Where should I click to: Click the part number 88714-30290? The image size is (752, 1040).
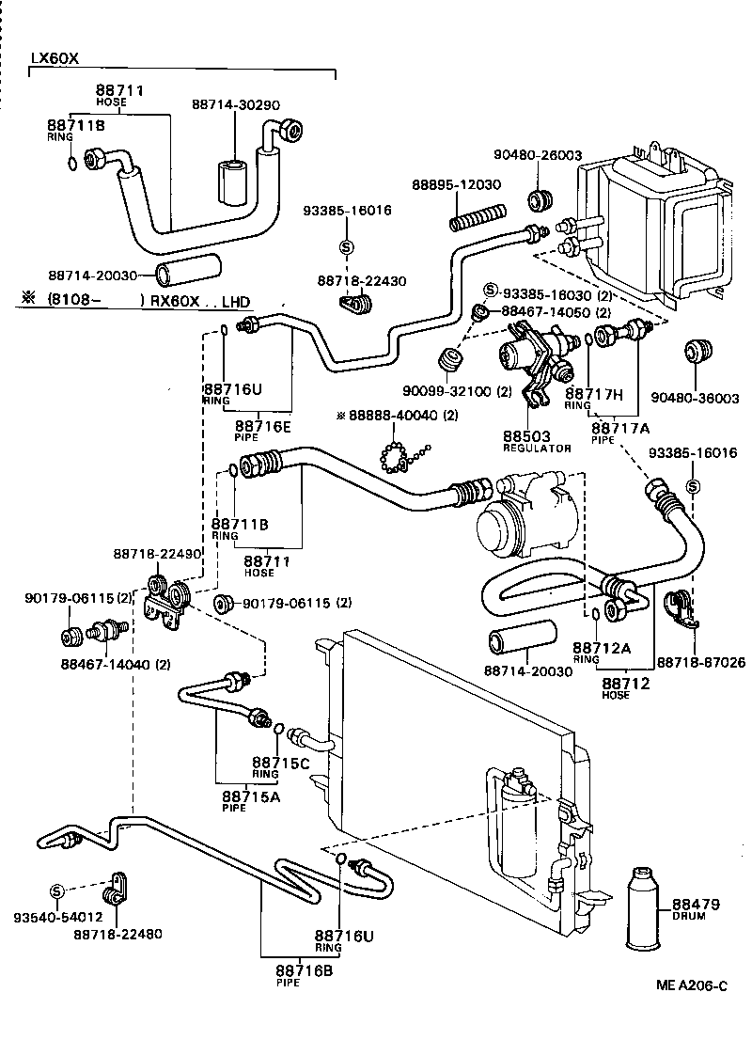(x=235, y=105)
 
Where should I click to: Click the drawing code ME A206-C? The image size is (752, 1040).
(x=692, y=985)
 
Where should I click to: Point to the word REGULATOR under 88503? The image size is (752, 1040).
(x=537, y=449)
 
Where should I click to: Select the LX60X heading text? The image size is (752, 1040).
(x=55, y=57)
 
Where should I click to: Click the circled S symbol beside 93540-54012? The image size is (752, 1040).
(x=55, y=890)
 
